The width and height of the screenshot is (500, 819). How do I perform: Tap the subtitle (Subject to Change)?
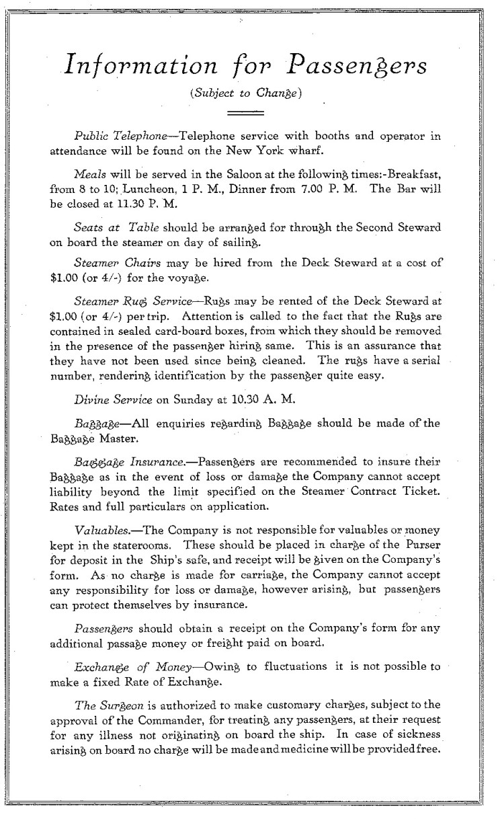249,94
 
